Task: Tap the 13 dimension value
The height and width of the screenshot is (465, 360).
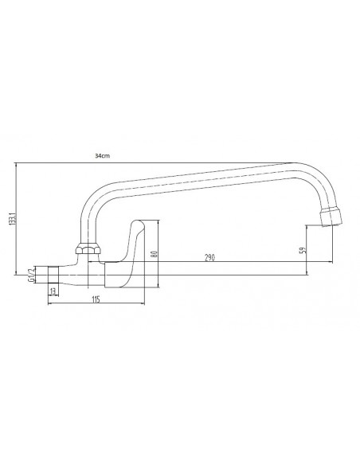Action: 53,291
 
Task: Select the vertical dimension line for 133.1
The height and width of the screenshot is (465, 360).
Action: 17,218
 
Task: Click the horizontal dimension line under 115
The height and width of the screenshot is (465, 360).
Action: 96,304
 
